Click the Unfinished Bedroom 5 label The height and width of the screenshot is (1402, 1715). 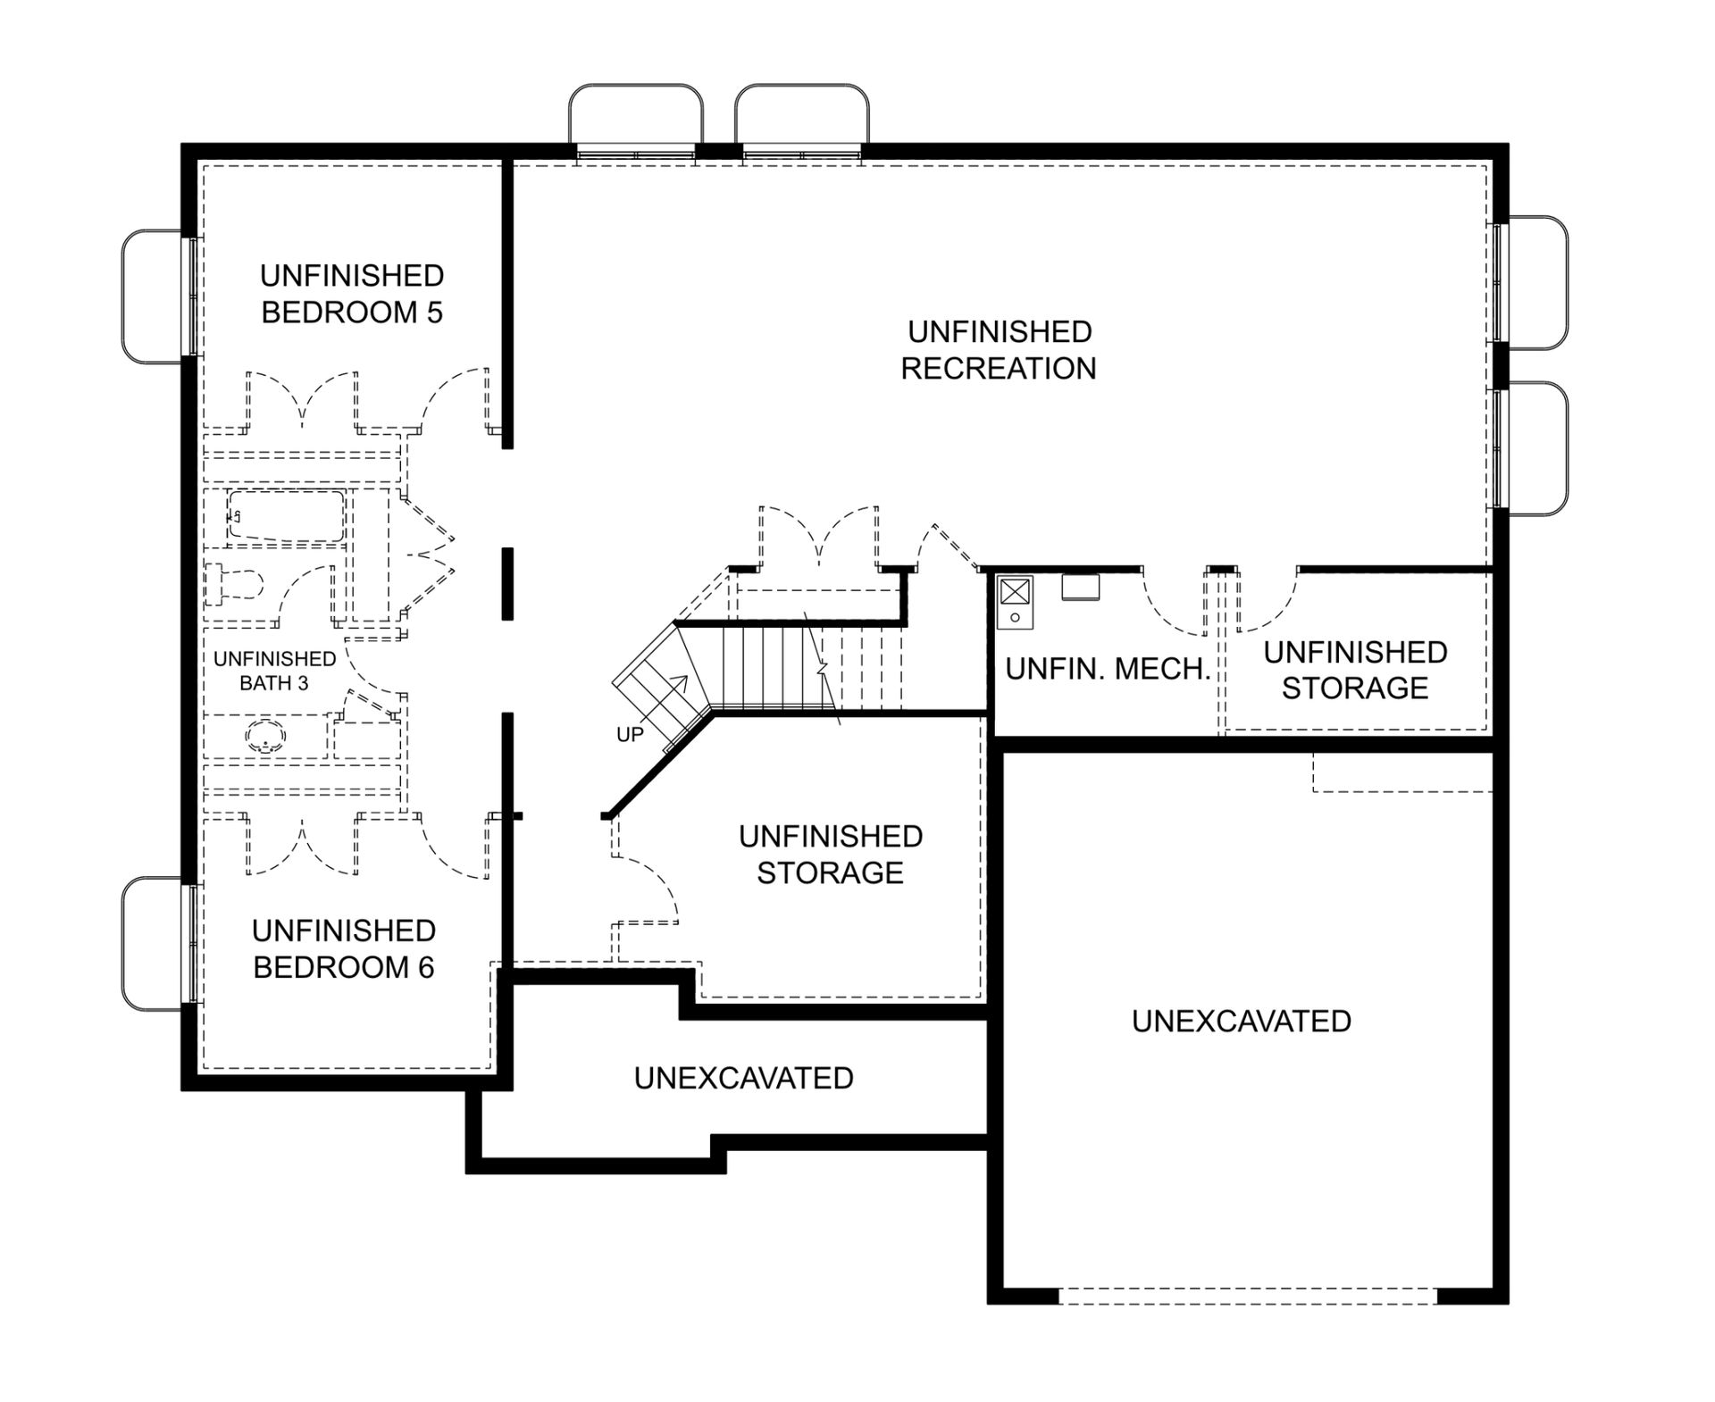tap(352, 294)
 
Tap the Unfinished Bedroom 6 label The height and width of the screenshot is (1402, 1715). tap(344, 949)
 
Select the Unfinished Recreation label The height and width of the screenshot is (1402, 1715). tap(999, 350)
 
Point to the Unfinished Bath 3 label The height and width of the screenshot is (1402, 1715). tap(274, 671)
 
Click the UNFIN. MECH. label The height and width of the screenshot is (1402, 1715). tap(1108, 669)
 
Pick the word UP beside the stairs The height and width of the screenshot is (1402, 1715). tap(630, 735)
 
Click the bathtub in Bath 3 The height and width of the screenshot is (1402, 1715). tap(286, 516)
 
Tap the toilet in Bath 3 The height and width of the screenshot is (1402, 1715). tap(234, 586)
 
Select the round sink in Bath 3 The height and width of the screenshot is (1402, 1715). tap(265, 738)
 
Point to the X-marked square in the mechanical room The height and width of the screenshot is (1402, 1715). tap(1015, 591)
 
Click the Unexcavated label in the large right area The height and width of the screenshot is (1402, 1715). tap(1242, 1021)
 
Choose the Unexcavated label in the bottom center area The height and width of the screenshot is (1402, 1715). tap(744, 1078)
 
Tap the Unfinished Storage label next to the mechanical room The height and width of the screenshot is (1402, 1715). tap(1355, 670)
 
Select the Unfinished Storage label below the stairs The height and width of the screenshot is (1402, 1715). tap(831, 855)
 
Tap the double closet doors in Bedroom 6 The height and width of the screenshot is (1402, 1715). tap(303, 845)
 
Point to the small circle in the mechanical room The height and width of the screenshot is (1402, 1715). tap(1015, 617)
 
